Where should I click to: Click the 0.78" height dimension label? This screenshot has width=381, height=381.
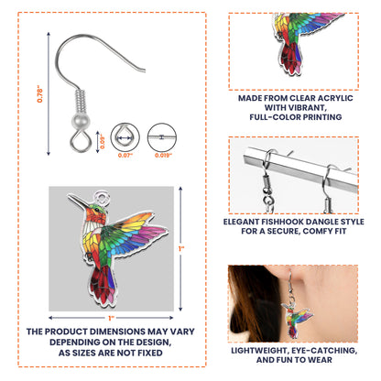click(40, 95)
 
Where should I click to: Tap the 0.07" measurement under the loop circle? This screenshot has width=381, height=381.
click(125, 155)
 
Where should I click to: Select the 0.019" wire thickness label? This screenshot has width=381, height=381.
click(163, 155)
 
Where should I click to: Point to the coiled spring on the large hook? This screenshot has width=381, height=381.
click(81, 101)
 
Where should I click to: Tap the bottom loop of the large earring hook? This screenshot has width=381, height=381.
click(81, 140)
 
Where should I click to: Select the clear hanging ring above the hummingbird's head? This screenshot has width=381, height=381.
click(102, 197)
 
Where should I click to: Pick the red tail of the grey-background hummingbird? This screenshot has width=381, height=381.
click(103, 286)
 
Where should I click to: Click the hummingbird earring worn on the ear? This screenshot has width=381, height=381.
click(296, 318)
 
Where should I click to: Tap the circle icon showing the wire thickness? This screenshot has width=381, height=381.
click(162, 137)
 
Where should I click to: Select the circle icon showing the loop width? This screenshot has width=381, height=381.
click(125, 137)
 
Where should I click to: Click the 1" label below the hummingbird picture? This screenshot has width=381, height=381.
click(111, 318)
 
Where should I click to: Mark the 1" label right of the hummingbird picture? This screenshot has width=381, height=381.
click(181, 249)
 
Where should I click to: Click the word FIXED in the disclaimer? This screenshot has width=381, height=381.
click(150, 353)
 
